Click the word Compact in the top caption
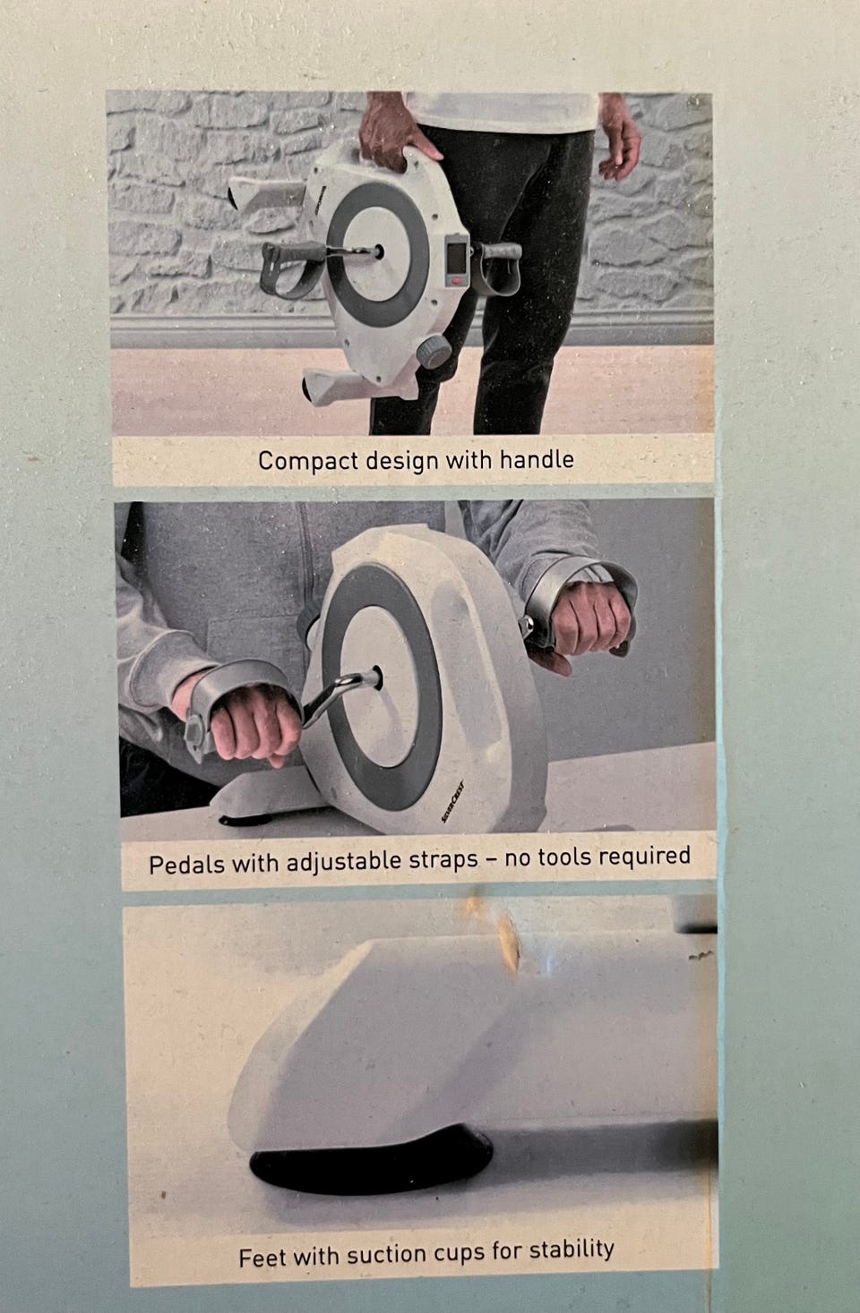308,461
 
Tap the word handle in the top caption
537,459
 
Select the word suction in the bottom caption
387,1255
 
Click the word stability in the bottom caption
572,1249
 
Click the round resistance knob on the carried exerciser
434,352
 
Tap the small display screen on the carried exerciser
456,258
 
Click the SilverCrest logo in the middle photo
453,801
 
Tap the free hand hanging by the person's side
619,138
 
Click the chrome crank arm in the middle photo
338,695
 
